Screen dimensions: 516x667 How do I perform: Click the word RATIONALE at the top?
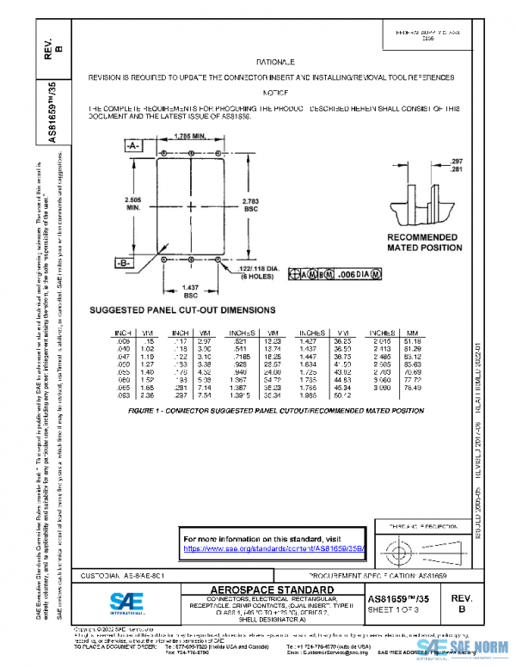[x=276, y=63]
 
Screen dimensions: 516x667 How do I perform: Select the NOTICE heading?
[x=275, y=92]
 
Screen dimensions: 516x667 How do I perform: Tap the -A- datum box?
[x=133, y=147]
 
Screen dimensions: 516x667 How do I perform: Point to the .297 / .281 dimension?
[x=457, y=165]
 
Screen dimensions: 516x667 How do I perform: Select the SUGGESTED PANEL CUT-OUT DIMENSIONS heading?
[x=183, y=309]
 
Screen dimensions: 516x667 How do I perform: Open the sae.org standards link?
[x=275, y=548]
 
